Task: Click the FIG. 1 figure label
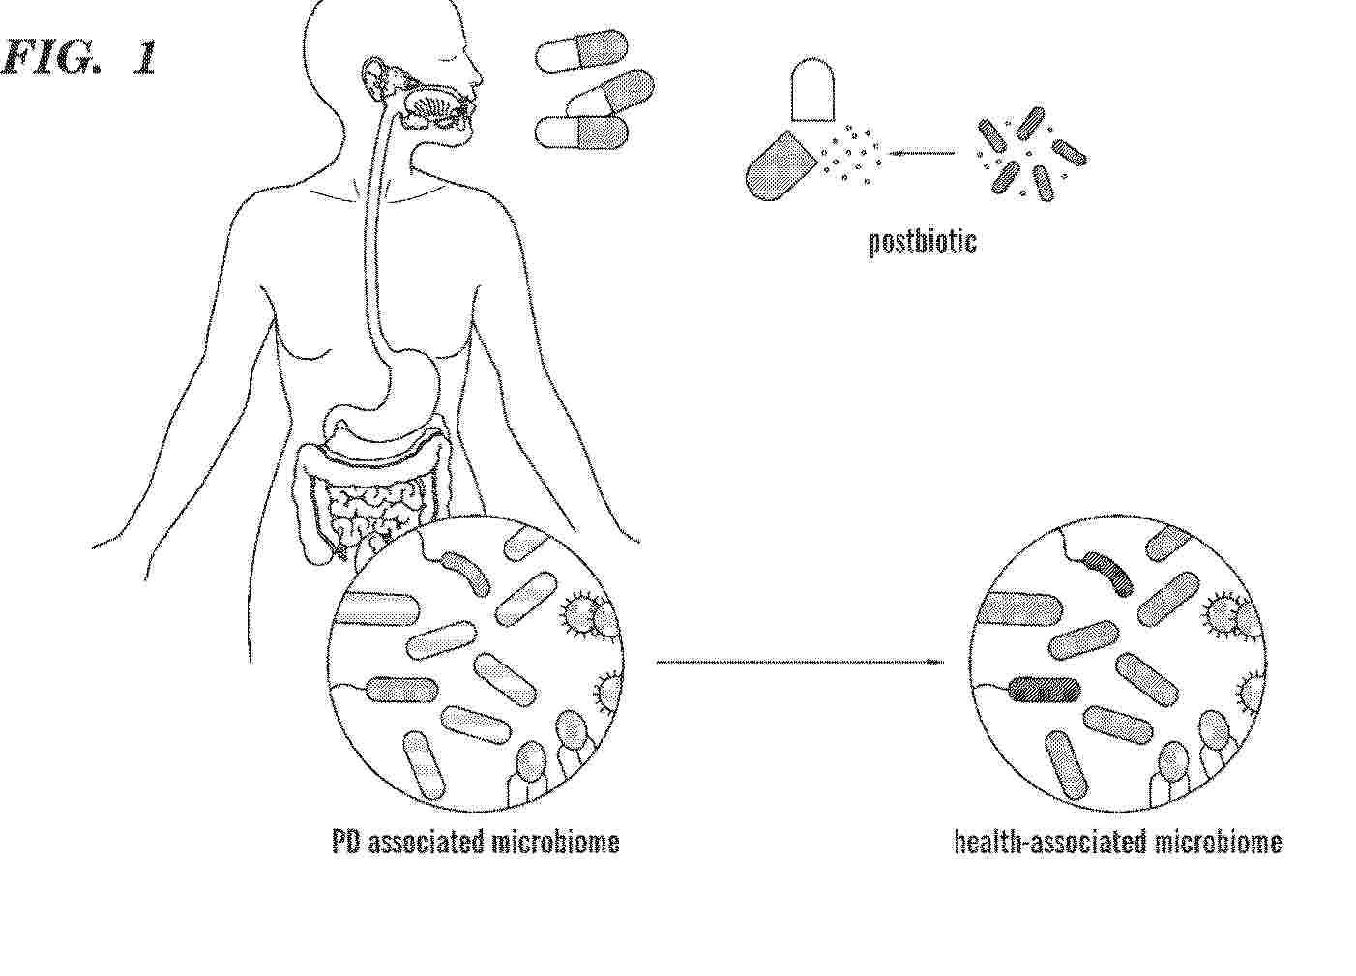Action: click(78, 57)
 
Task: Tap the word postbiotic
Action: click(922, 243)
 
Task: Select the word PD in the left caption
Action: click(345, 843)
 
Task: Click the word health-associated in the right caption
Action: click(1050, 843)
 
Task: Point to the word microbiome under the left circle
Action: click(555, 843)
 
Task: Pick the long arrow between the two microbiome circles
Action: click(800, 662)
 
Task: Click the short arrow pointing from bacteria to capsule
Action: click(921, 153)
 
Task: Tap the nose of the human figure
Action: click(476, 76)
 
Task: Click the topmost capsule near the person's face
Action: click(581, 51)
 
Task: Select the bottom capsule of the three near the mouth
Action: click(581, 132)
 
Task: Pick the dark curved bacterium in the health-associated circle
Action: click(1107, 574)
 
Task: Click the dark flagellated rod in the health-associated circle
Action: click(1045, 690)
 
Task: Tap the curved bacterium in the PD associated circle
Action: click(465, 573)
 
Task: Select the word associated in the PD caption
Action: click(426, 843)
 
